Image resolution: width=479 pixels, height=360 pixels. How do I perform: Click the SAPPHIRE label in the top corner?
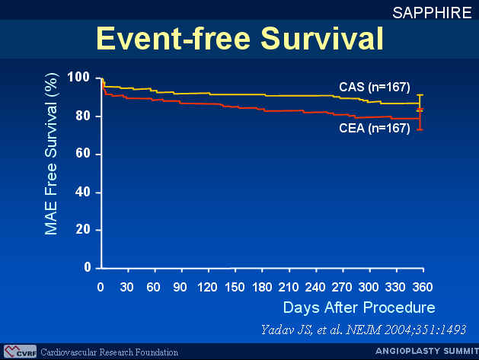[x=432, y=13]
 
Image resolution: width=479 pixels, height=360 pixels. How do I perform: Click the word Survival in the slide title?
[x=322, y=39]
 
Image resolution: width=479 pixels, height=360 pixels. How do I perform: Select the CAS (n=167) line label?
[x=375, y=87]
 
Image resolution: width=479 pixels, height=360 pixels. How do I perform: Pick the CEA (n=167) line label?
[x=375, y=128]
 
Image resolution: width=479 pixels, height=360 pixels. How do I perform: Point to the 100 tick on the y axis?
[x=78, y=77]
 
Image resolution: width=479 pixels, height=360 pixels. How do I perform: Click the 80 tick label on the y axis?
[x=82, y=116]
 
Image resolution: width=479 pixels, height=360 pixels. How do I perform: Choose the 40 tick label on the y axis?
[x=82, y=192]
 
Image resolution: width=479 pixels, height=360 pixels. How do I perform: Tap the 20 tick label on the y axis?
[x=82, y=229]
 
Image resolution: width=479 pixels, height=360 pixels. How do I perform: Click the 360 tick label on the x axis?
[x=423, y=288]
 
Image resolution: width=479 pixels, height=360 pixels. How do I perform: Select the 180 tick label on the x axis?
[x=262, y=288]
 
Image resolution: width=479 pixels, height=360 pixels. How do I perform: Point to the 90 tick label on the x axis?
[x=180, y=288]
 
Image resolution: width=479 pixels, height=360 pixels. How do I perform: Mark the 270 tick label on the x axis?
[x=342, y=288]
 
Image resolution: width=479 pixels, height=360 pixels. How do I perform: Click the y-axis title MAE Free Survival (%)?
[x=51, y=155]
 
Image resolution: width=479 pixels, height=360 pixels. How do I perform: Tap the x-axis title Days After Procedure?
[x=359, y=307]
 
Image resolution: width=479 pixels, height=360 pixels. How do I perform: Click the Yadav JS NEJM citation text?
[x=363, y=330]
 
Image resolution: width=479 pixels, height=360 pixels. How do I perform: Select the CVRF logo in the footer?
[x=20, y=352]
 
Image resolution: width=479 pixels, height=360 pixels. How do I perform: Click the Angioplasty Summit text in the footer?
[x=427, y=351]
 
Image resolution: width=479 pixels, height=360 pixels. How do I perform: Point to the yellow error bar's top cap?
[x=420, y=95]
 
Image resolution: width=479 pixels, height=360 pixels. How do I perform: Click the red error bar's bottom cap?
[x=420, y=130]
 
